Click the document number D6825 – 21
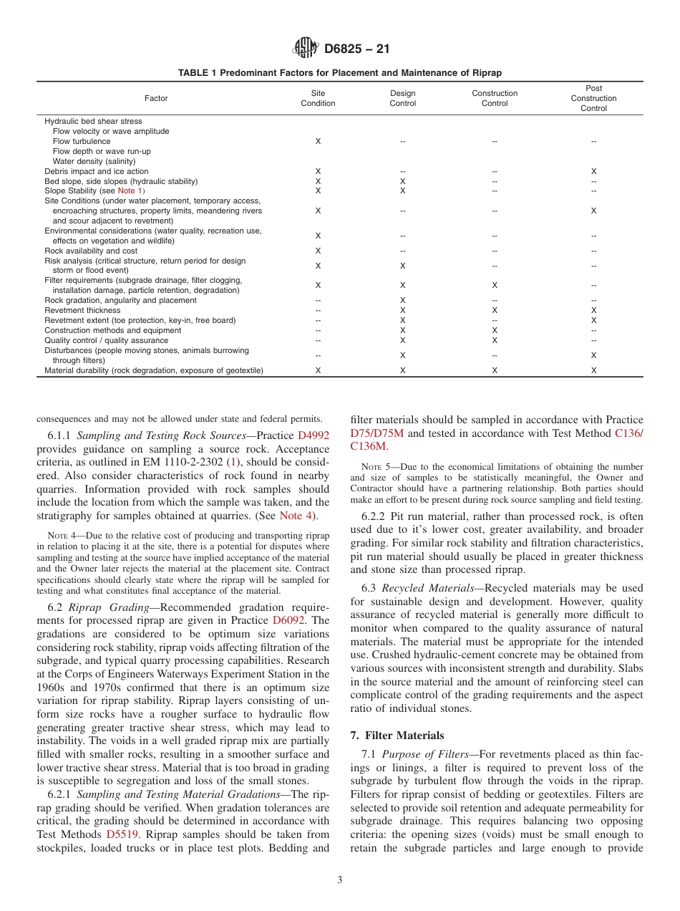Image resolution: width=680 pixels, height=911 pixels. point(356,49)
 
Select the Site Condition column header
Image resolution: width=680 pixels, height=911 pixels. point(318,99)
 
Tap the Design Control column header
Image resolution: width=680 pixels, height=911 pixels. point(402,99)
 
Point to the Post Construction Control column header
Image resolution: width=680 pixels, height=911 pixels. point(593,99)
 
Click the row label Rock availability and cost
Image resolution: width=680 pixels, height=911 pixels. point(91,251)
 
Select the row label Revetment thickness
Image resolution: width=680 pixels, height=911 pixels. point(82,311)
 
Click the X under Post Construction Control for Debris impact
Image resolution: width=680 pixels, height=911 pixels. point(593,172)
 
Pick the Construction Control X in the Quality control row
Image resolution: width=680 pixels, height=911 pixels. point(495,341)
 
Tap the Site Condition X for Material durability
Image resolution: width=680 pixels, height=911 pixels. point(318,371)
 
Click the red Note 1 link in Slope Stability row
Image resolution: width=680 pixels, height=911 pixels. point(130,191)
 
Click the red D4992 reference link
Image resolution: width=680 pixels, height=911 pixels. point(314,435)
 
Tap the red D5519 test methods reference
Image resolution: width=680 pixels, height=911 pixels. point(122,834)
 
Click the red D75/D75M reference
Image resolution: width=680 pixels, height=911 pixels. point(377,433)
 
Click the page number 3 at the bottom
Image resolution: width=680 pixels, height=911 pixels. point(340,880)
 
